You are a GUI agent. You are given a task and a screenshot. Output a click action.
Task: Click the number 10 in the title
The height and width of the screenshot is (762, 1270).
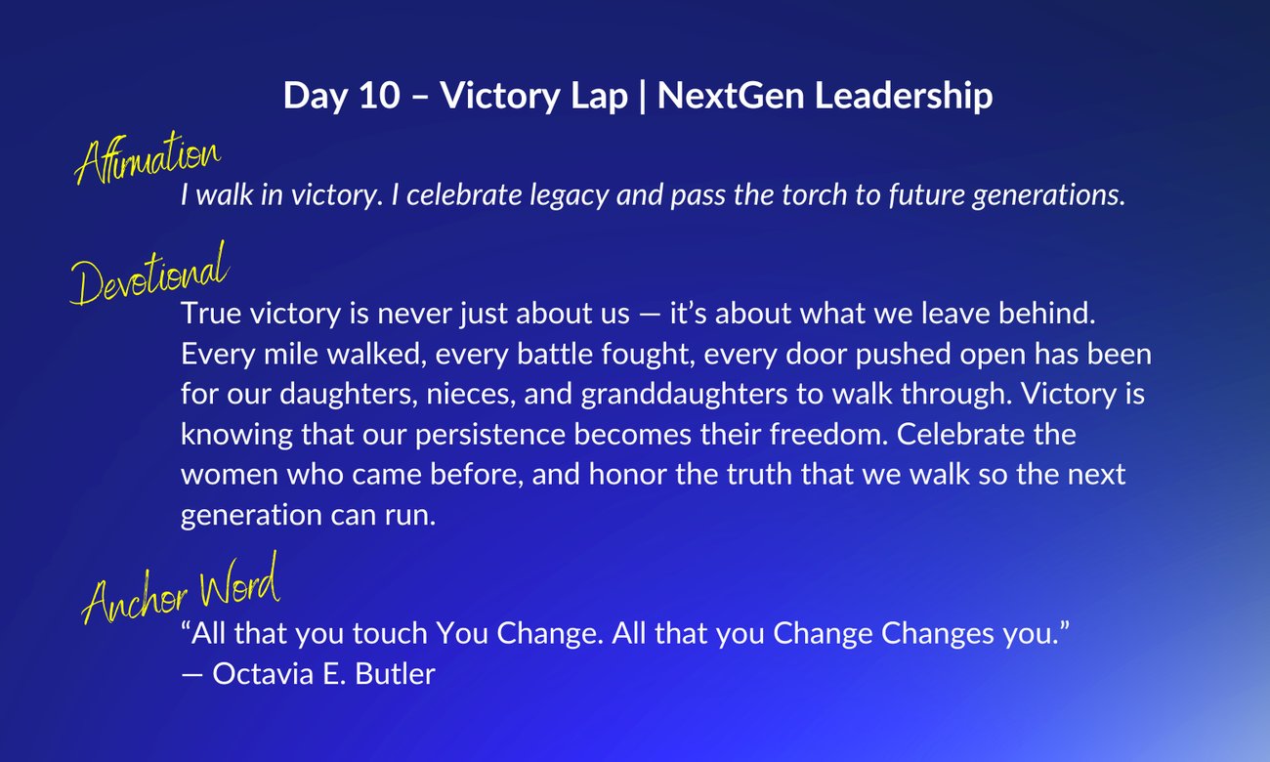pyautogui.click(x=380, y=95)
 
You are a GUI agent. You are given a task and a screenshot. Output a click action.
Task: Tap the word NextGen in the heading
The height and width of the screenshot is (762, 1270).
pyautogui.click(x=731, y=95)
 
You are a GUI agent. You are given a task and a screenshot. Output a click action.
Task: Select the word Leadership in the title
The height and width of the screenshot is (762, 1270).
pyautogui.click(x=904, y=97)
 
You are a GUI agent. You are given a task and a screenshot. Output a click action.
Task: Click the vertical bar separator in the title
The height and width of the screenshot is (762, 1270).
pyautogui.click(x=643, y=97)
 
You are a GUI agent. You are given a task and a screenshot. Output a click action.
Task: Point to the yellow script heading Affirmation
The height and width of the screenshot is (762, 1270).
pyautogui.click(x=148, y=157)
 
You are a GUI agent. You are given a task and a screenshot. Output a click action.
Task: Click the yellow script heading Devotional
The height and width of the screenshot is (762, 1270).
pyautogui.click(x=149, y=275)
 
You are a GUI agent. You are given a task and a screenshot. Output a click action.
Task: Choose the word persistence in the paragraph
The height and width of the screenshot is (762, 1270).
pyautogui.click(x=489, y=436)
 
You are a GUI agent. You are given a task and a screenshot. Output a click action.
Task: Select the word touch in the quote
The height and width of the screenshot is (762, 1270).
pyautogui.click(x=390, y=633)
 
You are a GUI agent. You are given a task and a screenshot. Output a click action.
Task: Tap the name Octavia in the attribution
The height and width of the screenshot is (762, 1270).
pyautogui.click(x=263, y=674)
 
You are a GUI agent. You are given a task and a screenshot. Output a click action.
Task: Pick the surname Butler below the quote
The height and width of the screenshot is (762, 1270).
pyautogui.click(x=395, y=674)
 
